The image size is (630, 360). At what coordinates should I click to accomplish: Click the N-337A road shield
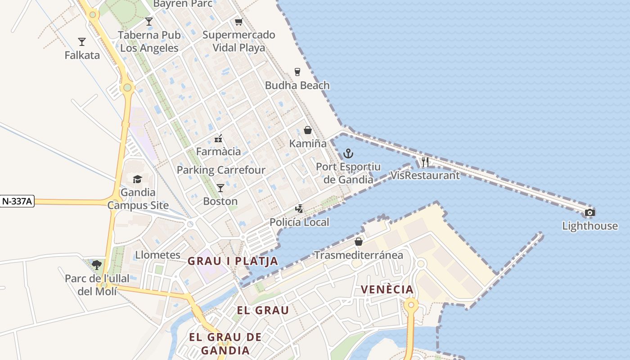pos(17,202)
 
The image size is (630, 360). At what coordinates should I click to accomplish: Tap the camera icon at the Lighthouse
pos(589,212)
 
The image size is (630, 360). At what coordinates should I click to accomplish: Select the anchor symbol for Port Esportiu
pos(348,154)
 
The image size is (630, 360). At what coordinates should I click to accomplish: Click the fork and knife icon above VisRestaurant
pos(425,162)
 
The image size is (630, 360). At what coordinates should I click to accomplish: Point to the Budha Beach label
pos(297,85)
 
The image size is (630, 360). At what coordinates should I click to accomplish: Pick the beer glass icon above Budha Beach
pos(297,72)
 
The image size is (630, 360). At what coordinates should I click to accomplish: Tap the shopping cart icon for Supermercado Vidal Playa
pos(238,22)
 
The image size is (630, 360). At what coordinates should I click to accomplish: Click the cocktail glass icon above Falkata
pos(82,42)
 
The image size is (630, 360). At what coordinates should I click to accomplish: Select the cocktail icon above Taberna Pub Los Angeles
pos(149,21)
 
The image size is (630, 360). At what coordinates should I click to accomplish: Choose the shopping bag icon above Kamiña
pos(308,130)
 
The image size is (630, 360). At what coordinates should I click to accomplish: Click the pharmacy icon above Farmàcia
pos(218,138)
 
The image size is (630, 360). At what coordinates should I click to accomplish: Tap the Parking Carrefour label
pos(221,170)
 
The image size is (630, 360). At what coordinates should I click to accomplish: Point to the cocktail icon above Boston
pos(220,188)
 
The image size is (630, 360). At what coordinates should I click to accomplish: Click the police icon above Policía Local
pos(299,209)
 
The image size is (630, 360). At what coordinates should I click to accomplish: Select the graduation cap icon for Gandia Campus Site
pos(137,179)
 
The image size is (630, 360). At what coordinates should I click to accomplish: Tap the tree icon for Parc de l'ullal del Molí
pos(97,265)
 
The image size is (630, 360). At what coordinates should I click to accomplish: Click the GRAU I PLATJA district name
pos(233,261)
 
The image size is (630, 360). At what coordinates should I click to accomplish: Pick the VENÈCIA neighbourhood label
pos(387,289)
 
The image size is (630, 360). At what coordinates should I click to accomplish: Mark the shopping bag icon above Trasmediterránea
pos(358,242)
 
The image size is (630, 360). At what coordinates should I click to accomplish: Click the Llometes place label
pos(158,255)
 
